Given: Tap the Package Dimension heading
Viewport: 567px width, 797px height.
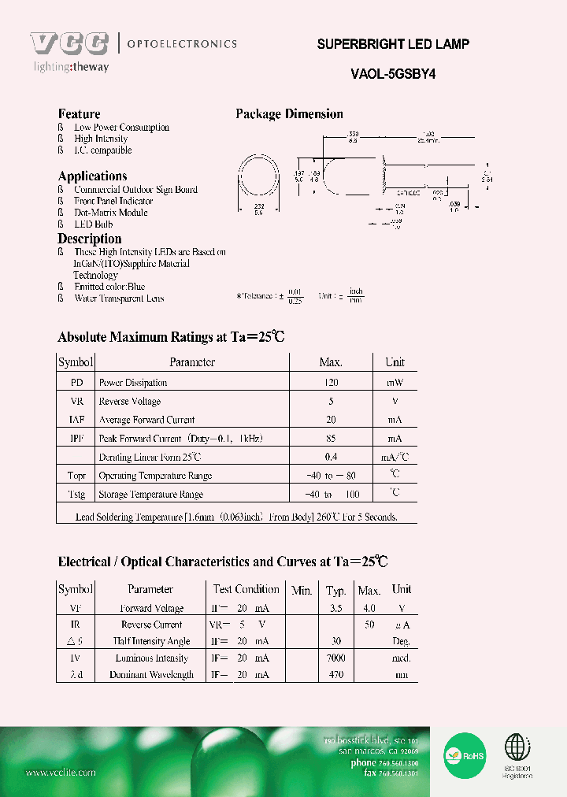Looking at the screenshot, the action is tap(289, 114).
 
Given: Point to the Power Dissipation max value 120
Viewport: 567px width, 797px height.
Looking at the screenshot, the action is tap(331, 383).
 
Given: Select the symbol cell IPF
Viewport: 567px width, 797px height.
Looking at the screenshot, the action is tap(76, 439).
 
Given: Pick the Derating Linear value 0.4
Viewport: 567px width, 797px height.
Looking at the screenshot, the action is tap(331, 457).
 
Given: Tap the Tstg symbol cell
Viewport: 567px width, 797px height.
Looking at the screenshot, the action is tap(76, 495).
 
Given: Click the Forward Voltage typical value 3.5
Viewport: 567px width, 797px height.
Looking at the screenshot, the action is tap(336, 608).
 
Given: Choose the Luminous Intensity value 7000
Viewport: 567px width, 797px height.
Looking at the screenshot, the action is tap(336, 658).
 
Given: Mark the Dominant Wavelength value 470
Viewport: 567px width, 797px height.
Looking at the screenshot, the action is tap(336, 675).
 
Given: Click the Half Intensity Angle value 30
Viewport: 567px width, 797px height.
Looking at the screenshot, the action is tap(336, 642).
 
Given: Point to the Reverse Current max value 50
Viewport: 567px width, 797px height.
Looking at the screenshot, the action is tap(369, 625).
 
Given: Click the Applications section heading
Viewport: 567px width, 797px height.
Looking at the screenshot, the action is tap(92, 176).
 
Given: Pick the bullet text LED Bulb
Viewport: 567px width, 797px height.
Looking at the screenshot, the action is tap(94, 224).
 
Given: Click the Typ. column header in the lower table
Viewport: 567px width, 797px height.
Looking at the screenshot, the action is tap(336, 590).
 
